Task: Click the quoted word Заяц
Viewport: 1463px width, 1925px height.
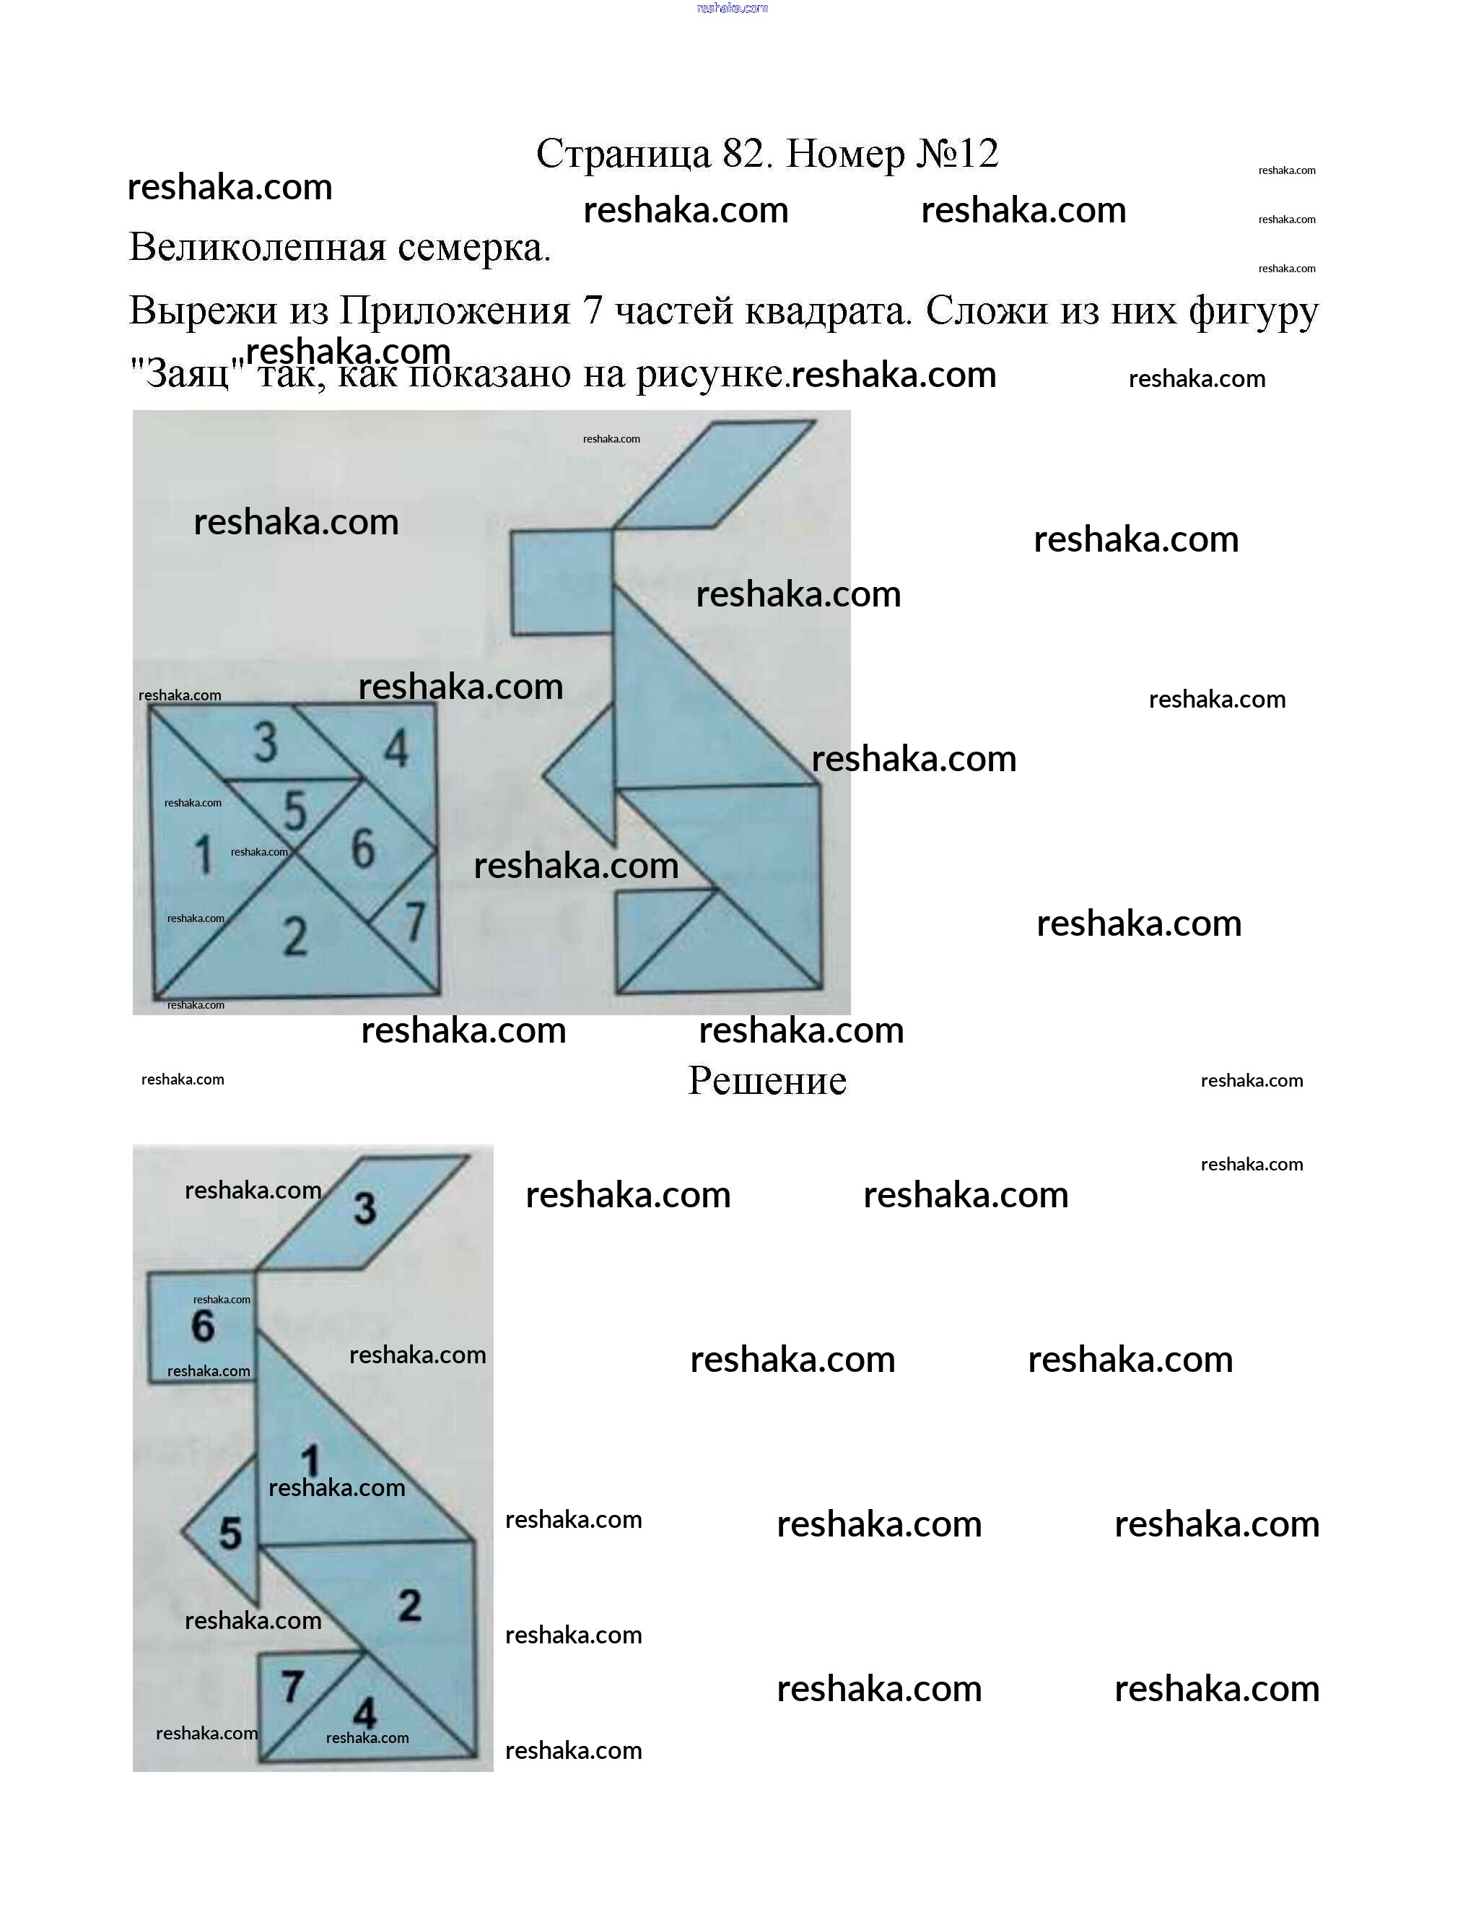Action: pos(186,375)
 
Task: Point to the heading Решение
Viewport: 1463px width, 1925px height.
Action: pos(767,1081)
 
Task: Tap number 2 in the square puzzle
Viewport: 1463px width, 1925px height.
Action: pos(295,937)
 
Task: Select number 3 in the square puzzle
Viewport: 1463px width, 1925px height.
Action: pos(266,742)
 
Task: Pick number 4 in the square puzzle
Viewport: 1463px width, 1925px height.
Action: pos(396,748)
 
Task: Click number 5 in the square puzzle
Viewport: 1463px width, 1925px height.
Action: pos(295,811)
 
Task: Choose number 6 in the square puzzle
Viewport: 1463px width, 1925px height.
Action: pos(362,848)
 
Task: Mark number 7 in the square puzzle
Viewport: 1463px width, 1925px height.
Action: pos(414,921)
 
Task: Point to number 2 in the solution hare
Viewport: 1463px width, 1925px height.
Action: pos(410,1605)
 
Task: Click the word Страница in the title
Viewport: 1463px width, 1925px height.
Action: pos(624,155)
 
